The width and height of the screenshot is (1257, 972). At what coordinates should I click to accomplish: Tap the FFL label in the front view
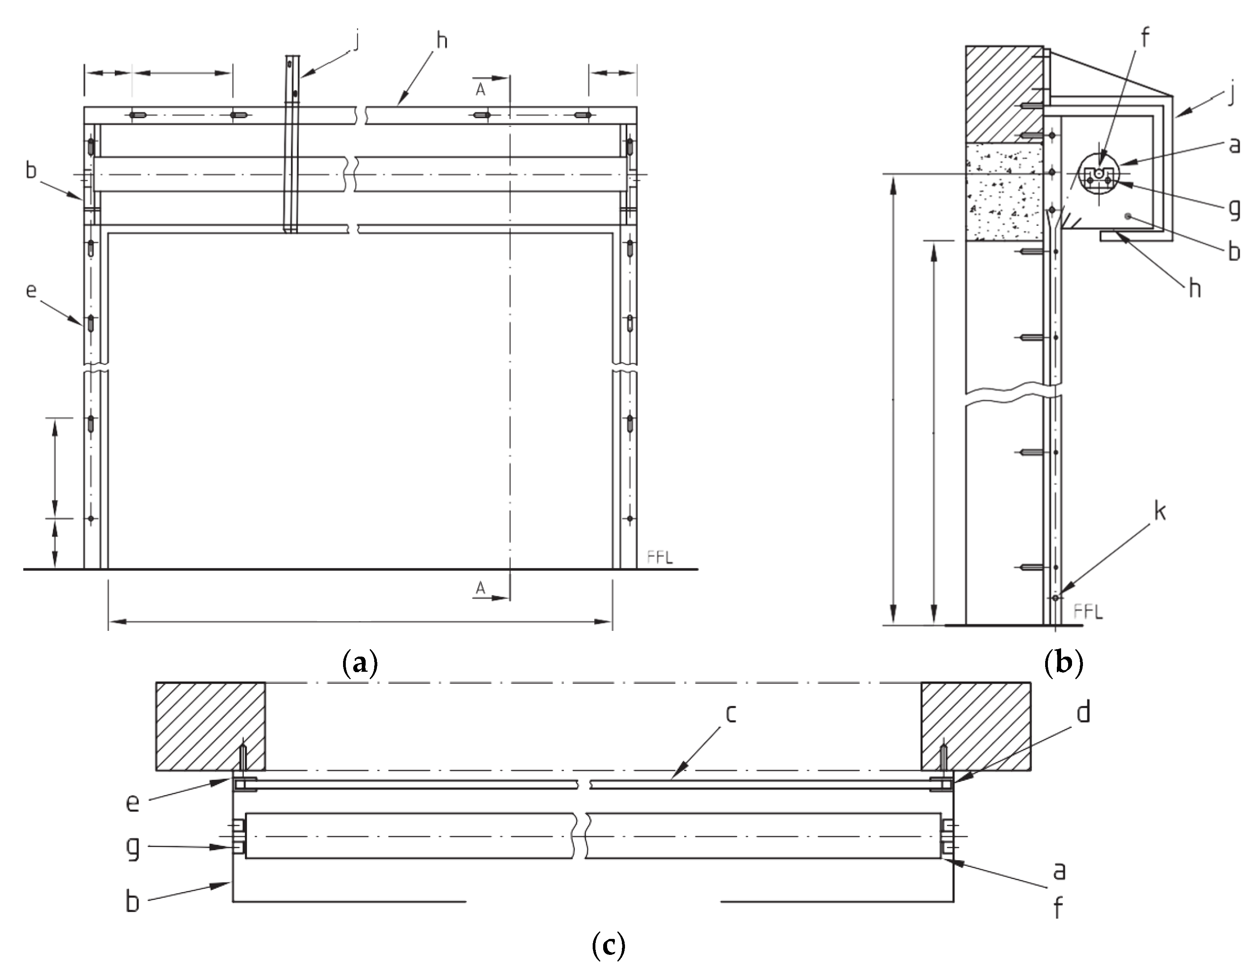[x=660, y=557]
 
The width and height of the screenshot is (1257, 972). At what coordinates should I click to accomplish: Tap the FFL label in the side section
[x=1088, y=612]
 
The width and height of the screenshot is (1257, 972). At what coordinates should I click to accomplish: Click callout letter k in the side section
[x=1160, y=511]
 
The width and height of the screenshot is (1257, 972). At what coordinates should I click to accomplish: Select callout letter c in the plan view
[x=731, y=713]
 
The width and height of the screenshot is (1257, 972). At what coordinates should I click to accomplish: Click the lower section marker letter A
[x=480, y=588]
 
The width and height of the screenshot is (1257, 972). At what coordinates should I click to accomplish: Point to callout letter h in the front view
[x=442, y=40]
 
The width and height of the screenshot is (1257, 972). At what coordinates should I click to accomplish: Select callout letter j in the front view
[x=356, y=40]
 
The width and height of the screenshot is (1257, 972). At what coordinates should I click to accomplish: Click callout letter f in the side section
[x=1145, y=37]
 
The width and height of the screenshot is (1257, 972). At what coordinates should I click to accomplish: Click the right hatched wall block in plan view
[x=975, y=726]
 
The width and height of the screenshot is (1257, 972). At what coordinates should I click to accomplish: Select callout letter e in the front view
[x=32, y=290]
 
